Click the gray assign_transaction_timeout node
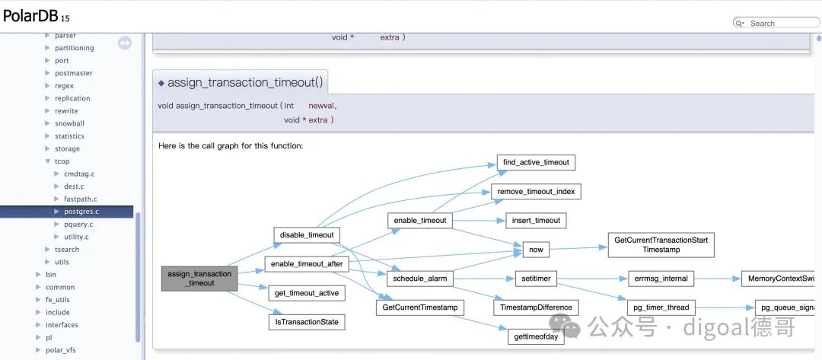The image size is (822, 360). pos(199,279)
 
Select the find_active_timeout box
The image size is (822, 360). pos(536,162)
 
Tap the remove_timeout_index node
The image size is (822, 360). pos(536,191)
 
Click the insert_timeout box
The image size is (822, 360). pos(536,221)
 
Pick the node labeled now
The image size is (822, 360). pos(536,250)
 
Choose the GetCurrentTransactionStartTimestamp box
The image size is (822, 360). pos(661,245)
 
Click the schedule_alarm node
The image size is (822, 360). pos(420,279)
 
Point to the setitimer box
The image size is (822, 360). pos(536,279)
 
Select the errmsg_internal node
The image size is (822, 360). pos(661,279)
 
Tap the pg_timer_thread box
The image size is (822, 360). pos(661,307)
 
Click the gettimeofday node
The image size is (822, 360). pos(536,337)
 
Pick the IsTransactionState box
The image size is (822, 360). pos(307,322)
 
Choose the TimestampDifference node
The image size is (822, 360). pos(536,307)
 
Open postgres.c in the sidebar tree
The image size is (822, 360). pos(81,212)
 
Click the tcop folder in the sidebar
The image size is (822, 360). pos(62,161)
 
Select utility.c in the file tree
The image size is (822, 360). pos(77,237)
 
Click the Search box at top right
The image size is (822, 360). pos(776,23)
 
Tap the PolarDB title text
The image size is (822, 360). pos(30,16)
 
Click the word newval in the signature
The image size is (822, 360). pos(321,106)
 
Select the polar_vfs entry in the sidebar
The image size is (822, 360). pos(61,350)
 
